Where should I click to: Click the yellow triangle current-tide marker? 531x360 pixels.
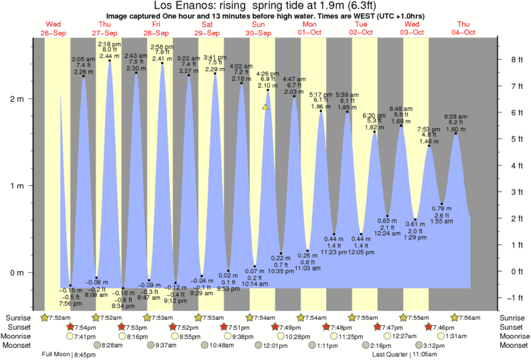click(x=266, y=107)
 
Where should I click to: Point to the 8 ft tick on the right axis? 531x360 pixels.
click(x=516, y=60)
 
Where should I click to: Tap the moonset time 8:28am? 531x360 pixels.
click(x=111, y=345)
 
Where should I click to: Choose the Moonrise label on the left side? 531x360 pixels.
click(x=19, y=336)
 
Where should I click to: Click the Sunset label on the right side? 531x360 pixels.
click(x=513, y=327)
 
